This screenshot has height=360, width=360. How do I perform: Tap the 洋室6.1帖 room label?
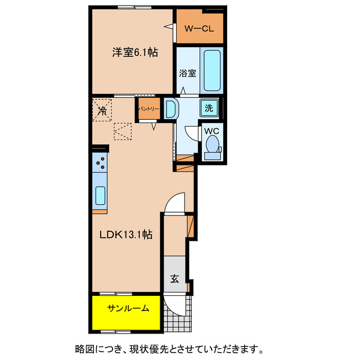[x=134, y=53]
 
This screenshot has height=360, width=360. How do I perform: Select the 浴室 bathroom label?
[x=187, y=73]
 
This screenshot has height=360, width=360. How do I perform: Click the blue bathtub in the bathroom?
[x=211, y=71]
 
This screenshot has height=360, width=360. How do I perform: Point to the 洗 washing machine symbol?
[x=209, y=108]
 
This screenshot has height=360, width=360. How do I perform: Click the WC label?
[x=211, y=130]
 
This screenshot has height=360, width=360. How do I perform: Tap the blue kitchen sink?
[x=100, y=195]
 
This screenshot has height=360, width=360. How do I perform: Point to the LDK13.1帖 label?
[x=127, y=233]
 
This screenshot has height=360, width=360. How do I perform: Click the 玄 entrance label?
[x=175, y=278]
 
